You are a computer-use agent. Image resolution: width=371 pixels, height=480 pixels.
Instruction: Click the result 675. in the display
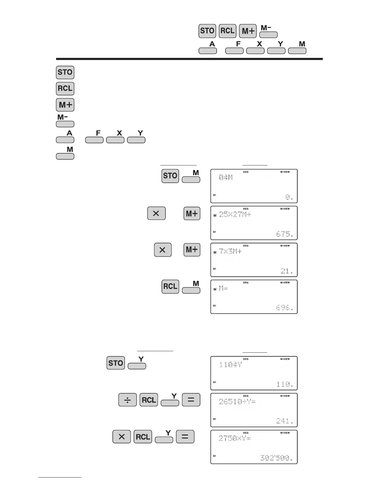[x=285, y=234]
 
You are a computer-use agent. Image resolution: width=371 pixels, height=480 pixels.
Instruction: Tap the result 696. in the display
[x=285, y=308]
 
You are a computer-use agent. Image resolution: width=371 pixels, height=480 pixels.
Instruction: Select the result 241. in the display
[x=285, y=421]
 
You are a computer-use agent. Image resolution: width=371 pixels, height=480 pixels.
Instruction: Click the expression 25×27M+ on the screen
[x=235, y=215]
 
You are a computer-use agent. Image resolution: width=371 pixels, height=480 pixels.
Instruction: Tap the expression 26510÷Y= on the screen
[x=237, y=402]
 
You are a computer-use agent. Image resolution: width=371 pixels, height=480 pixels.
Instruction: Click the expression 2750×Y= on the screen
[x=235, y=438]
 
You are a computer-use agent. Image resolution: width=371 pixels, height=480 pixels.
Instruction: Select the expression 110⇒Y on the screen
[x=230, y=365]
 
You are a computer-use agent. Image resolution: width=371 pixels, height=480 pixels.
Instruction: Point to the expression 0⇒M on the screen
[x=226, y=178]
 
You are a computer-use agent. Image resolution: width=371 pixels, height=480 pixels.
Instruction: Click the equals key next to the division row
[x=191, y=400]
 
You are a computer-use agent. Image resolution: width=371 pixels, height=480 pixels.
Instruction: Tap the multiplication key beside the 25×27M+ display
[x=156, y=213]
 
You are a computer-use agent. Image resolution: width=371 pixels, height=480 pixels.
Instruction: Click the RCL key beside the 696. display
[x=170, y=287]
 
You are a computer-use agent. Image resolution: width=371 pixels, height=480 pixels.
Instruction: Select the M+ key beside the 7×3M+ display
[x=192, y=250]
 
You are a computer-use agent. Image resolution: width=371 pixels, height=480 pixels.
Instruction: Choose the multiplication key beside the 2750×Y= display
[x=122, y=437]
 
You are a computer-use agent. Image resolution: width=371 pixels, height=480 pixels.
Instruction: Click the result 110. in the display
[x=285, y=385]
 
